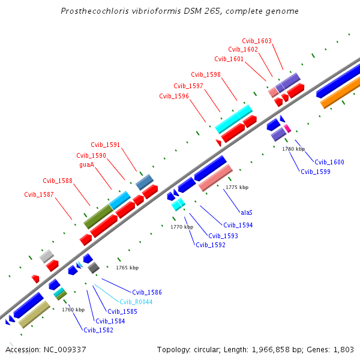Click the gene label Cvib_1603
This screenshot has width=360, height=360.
tap(257, 41)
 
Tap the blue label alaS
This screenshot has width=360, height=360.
tap(246, 212)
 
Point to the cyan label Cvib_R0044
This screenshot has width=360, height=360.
tap(133, 302)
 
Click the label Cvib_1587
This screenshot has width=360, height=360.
tap(39, 194)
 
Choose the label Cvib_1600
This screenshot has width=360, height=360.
tap(329, 162)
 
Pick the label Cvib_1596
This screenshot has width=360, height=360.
tap(174, 96)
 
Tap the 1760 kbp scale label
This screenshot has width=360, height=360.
tap(73, 310)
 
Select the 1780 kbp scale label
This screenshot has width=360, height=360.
tap(293, 149)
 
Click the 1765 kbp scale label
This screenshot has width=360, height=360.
tap(127, 268)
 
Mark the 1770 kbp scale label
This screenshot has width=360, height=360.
tap(182, 227)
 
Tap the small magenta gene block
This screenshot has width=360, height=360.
tap(288, 128)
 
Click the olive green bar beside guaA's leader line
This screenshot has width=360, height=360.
tap(98, 217)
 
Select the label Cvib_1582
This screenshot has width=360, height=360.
tap(98, 330)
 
